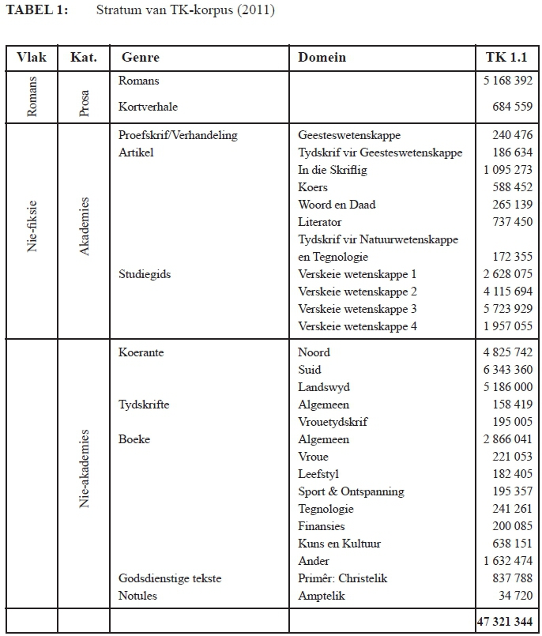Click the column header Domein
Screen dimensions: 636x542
point(322,58)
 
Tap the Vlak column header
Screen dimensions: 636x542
point(32,58)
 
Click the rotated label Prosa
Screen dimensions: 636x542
point(85,101)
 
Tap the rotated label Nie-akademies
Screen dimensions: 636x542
point(85,469)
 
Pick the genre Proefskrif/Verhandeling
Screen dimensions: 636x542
point(178,135)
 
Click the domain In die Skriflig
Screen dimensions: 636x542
point(333,170)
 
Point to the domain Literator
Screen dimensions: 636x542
point(320,222)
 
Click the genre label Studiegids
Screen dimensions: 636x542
point(145,274)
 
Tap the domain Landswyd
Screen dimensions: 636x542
point(324,387)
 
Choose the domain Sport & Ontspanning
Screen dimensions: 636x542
point(351,491)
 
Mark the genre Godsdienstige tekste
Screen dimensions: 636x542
point(169,578)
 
